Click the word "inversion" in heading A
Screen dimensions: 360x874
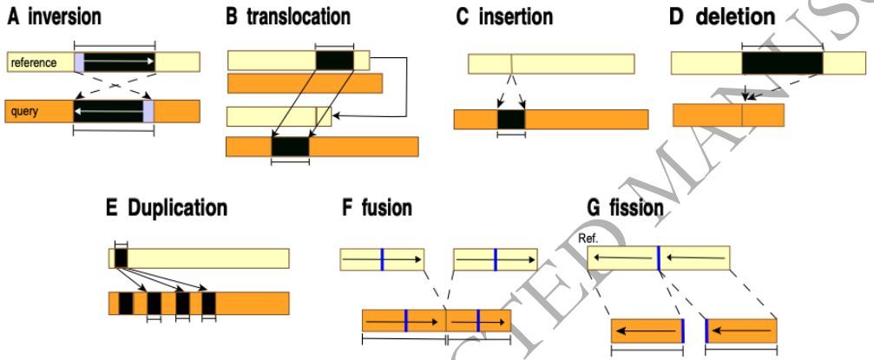pyautogui.click(x=69, y=17)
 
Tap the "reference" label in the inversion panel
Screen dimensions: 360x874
pyautogui.click(x=33, y=62)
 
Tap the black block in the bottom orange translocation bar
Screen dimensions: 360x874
pyautogui.click(x=290, y=147)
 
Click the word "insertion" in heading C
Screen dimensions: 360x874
pyautogui.click(x=529, y=17)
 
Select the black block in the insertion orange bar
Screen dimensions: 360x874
pyautogui.click(x=511, y=120)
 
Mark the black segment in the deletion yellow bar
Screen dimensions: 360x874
pyautogui.click(x=782, y=63)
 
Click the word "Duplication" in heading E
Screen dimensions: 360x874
pyautogui.click(x=178, y=208)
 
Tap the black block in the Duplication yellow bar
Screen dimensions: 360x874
pyautogui.click(x=121, y=258)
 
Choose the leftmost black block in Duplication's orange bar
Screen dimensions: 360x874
pyautogui.click(x=126, y=304)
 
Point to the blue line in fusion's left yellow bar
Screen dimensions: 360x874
pyautogui.click(x=381, y=259)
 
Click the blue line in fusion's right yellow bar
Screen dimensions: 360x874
pyautogui.click(x=495, y=259)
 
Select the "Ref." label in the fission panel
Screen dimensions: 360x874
pyautogui.click(x=589, y=236)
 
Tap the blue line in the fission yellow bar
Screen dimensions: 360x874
pyautogui.click(x=658, y=258)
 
